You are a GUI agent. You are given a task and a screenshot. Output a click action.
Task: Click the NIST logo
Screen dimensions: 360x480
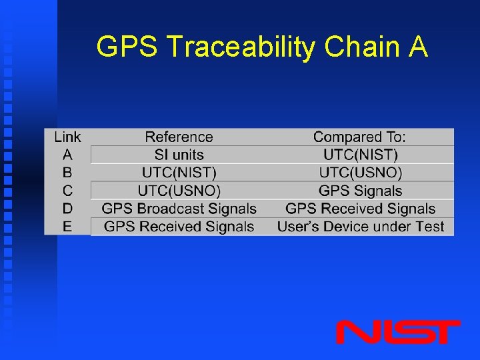tap(398, 332)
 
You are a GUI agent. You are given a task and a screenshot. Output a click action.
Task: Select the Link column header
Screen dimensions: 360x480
tap(67, 137)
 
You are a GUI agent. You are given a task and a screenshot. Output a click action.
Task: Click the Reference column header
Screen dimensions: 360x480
tap(179, 137)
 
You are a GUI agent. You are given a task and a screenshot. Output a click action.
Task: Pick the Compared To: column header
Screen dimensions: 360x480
tap(359, 137)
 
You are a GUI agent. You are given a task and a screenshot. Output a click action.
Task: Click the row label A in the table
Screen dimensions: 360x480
tap(67, 155)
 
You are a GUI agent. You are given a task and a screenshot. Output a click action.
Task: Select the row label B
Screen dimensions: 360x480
tap(67, 173)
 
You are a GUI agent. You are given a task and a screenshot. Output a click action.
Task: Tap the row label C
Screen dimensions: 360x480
tap(67, 191)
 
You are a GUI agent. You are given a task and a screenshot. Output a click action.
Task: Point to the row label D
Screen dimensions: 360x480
tap(67, 209)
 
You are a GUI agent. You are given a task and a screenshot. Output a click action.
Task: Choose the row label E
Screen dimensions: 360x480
tap(67, 227)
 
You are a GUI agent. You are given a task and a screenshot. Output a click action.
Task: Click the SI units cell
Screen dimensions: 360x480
tap(179, 155)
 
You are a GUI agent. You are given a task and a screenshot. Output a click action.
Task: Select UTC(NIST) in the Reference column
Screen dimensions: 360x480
tap(179, 173)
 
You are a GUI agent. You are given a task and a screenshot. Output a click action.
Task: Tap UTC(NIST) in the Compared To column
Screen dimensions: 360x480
tap(360, 155)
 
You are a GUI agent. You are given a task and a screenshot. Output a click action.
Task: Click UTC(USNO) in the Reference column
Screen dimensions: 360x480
tap(179, 191)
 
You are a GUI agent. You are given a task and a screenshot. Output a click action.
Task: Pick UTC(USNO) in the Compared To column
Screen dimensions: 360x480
tap(360, 173)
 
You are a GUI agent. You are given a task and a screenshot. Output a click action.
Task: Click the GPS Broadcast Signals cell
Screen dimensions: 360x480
tap(179, 209)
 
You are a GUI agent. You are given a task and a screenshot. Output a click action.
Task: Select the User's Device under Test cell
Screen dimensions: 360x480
tap(360, 227)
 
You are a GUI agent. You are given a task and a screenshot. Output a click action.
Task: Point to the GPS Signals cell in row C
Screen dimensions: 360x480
tap(360, 191)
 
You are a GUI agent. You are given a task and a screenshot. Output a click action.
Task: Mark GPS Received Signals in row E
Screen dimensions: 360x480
tap(179, 227)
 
